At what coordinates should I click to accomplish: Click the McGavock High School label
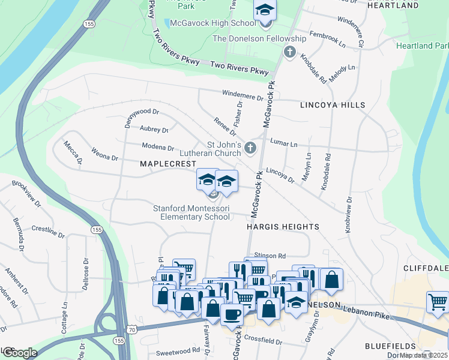[x=212, y=23]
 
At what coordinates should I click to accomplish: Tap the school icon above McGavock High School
[x=264, y=11]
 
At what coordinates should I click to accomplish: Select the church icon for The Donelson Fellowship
[x=290, y=52]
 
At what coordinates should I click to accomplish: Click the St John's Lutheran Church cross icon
[x=250, y=148]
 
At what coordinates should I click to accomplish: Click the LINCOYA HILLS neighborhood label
[x=333, y=105]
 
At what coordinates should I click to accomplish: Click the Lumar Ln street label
[x=284, y=145]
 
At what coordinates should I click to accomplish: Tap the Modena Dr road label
[x=158, y=146]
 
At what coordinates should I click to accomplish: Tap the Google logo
[x=20, y=353]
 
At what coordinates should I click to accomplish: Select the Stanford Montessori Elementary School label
[x=191, y=212]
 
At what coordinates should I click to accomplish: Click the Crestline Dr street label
[x=48, y=231]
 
